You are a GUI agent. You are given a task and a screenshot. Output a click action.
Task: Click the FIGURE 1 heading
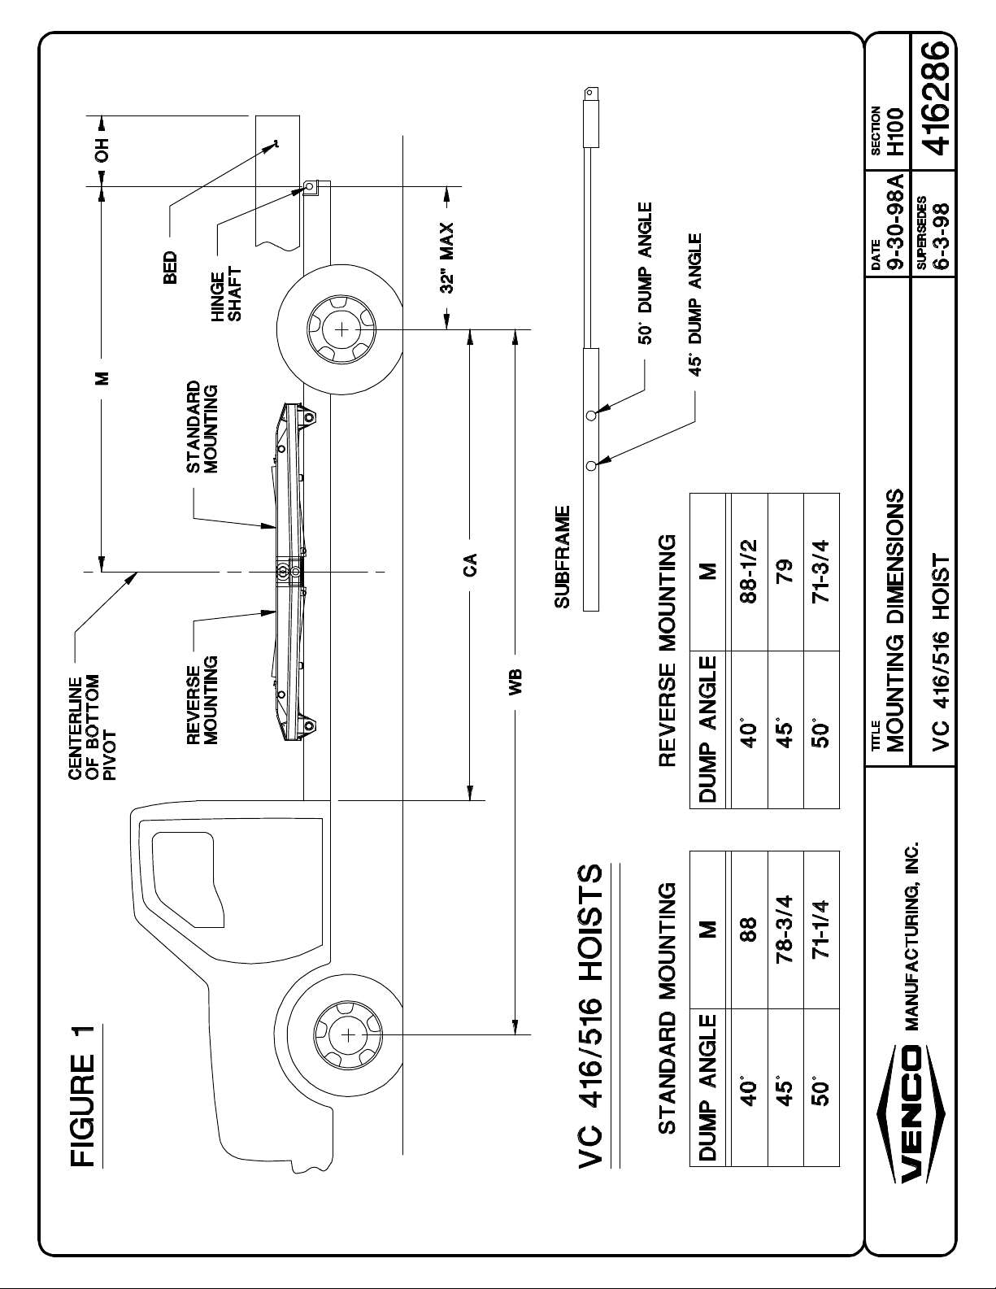tap(83, 1095)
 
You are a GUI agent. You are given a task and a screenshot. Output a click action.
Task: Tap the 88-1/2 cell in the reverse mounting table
tap(750, 571)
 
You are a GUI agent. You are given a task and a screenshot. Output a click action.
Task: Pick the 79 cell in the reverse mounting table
tap(785, 571)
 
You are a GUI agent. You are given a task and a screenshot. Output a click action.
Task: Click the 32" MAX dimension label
tap(446, 258)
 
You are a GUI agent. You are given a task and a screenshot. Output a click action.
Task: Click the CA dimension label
tap(470, 564)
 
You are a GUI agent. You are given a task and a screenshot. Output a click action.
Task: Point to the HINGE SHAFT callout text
tap(227, 295)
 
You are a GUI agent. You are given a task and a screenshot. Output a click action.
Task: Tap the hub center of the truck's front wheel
tap(349, 1036)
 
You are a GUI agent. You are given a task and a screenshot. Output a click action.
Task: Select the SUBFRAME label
tap(562, 557)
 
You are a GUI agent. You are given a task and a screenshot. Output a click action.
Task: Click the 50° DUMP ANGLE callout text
tap(645, 273)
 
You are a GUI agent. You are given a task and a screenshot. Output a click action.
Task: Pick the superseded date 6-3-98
tap(940, 237)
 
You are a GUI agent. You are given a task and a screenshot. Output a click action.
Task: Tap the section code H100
tap(895, 131)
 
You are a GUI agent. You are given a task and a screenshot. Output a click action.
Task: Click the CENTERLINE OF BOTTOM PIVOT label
tap(92, 729)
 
